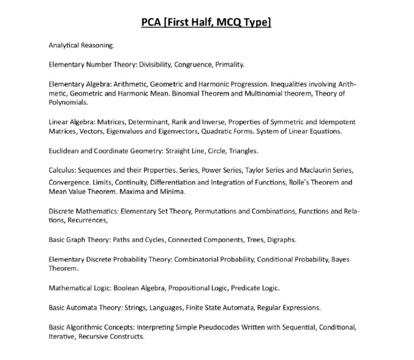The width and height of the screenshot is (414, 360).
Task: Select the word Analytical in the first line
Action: point(66,46)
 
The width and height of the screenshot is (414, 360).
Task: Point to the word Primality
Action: point(230,65)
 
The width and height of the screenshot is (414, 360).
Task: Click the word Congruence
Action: point(192,65)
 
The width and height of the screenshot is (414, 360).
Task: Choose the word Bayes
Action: point(340,259)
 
